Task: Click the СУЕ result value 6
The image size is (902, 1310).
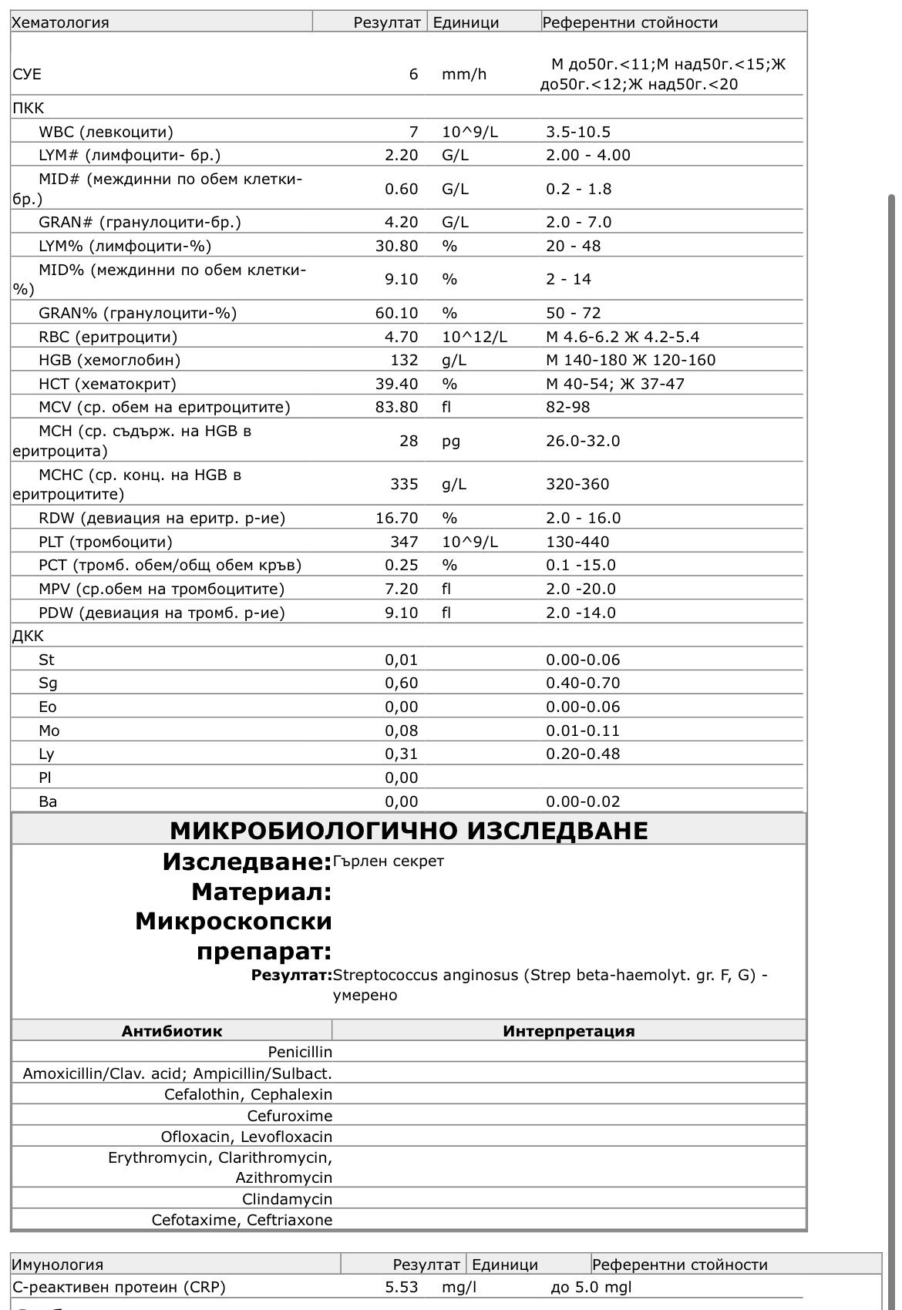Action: (x=413, y=74)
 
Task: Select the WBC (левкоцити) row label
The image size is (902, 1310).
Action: (x=106, y=132)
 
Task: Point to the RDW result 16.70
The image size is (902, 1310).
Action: (x=396, y=518)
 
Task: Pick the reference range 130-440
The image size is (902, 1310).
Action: (x=577, y=542)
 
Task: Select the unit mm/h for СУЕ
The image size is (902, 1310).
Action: (x=463, y=74)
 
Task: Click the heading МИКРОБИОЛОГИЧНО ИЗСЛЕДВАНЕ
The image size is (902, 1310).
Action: (x=409, y=830)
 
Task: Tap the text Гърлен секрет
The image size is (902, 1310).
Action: (x=388, y=861)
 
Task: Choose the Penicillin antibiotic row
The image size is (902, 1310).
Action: (x=300, y=1052)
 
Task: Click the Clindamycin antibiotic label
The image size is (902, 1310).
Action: (x=287, y=1199)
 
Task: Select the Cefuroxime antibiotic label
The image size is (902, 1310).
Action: (x=289, y=1116)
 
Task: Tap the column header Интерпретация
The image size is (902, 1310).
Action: (x=568, y=1031)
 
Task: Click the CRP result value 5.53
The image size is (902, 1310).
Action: (x=401, y=1287)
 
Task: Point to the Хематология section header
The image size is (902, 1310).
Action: (x=61, y=22)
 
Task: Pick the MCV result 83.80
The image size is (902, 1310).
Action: (x=396, y=407)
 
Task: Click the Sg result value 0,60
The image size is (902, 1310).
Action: (x=401, y=683)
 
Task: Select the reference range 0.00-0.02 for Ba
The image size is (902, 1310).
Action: (x=582, y=801)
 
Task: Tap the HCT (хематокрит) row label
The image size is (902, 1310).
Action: (x=107, y=384)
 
